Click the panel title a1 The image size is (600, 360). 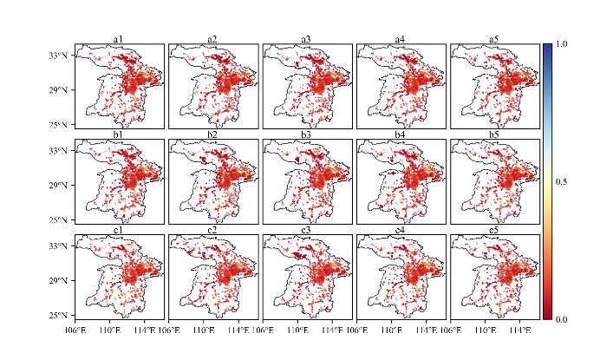pyautogui.click(x=119, y=38)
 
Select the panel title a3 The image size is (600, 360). pyautogui.click(x=306, y=38)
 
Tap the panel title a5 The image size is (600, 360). pyautogui.click(x=493, y=38)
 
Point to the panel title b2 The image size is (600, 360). pyautogui.click(x=212, y=134)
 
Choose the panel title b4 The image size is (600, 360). pyautogui.click(x=400, y=134)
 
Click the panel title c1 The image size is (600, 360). pyautogui.click(x=119, y=229)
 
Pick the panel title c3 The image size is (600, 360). pyautogui.click(x=306, y=229)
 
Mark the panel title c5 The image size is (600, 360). pyautogui.click(x=493, y=229)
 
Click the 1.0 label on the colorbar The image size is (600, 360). pyautogui.click(x=562, y=43)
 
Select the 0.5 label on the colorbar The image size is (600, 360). pyautogui.click(x=562, y=181)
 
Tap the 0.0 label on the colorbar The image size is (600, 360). pyautogui.click(x=562, y=319)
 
